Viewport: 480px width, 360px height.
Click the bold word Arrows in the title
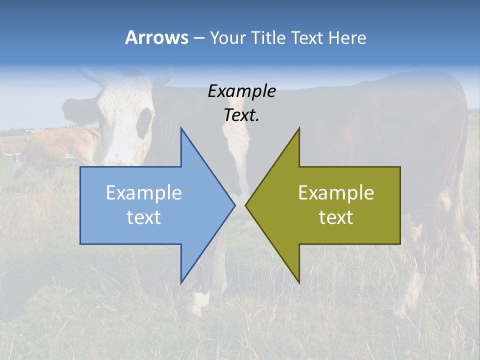tap(156, 37)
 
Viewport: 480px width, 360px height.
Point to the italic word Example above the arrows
tap(241, 91)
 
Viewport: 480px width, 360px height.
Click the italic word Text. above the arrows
tap(241, 115)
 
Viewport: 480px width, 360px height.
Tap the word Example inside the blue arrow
tap(143, 193)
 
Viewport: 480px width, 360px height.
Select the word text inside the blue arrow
tap(143, 217)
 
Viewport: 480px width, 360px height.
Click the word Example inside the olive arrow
tap(336, 193)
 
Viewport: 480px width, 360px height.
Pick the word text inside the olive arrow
tap(336, 217)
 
